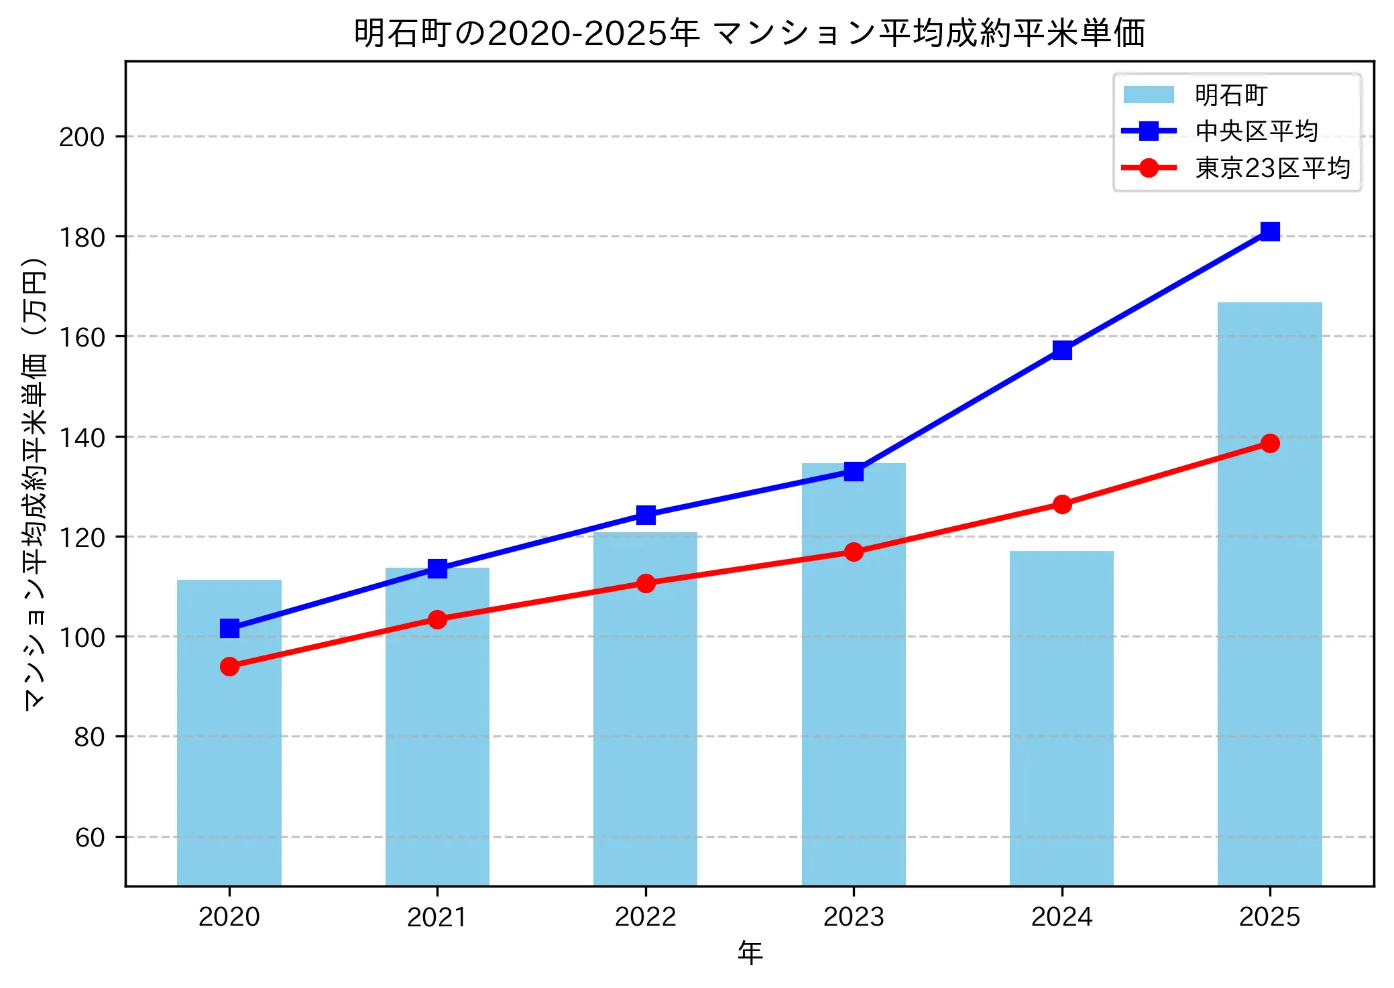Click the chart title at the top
749,34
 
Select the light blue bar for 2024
1061,717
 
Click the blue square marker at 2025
1269,232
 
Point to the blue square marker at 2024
1061,350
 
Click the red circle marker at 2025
1269,443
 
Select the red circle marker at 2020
229,666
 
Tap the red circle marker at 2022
646,583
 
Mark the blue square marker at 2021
437,569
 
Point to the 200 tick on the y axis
82,137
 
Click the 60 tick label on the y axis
90,837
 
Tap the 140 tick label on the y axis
82,438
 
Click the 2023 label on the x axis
854,917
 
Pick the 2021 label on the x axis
437,917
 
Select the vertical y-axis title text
35,483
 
